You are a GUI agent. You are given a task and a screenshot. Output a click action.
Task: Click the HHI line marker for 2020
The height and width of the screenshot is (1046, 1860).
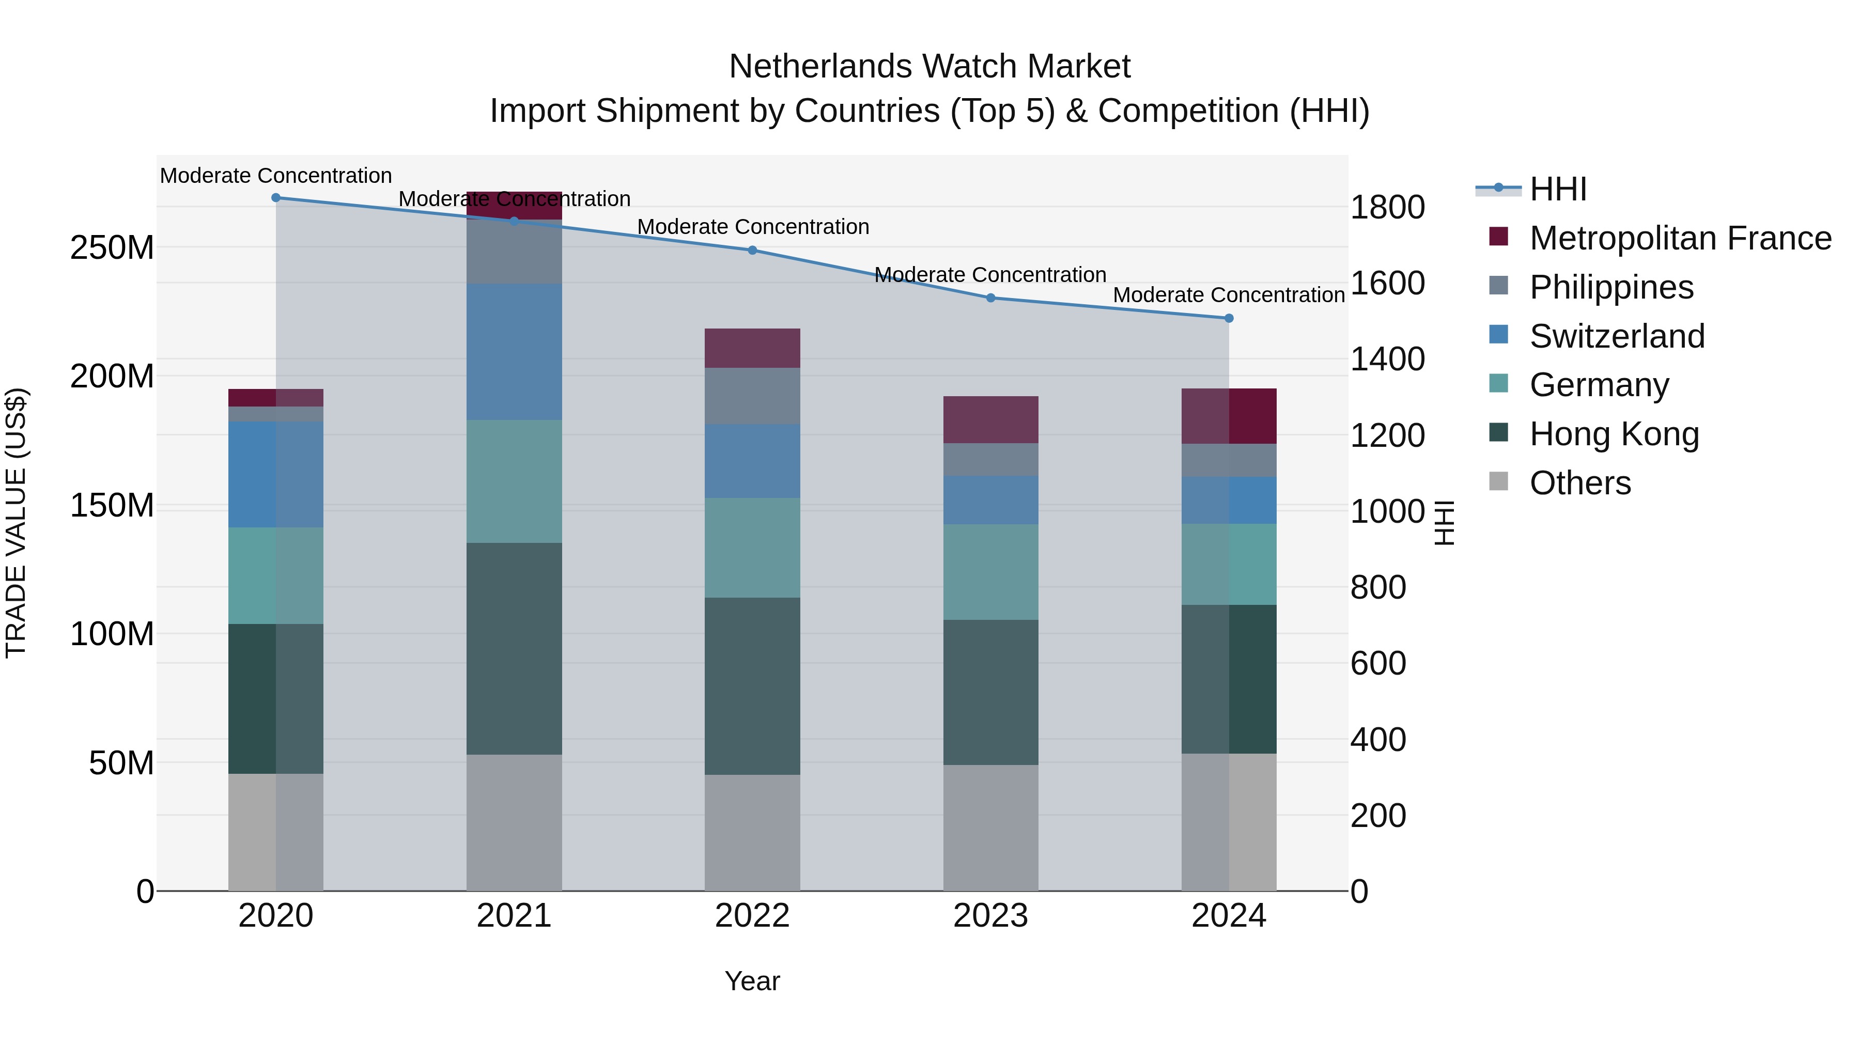click(276, 198)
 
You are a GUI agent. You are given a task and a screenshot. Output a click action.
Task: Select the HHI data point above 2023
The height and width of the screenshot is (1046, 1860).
click(990, 298)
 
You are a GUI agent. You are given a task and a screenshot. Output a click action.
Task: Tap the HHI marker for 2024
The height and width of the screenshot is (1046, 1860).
click(1229, 318)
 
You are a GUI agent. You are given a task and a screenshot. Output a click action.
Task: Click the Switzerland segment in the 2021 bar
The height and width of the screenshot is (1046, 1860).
click(514, 352)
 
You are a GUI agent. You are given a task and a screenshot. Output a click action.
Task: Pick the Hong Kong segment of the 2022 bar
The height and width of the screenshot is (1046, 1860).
click(752, 686)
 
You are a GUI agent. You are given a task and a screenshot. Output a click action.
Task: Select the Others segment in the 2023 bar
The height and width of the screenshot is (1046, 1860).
click(990, 828)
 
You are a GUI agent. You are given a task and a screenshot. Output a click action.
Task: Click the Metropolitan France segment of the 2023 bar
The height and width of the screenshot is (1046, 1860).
click(990, 419)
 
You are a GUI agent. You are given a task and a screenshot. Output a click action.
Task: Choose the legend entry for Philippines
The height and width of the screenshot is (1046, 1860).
click(1611, 287)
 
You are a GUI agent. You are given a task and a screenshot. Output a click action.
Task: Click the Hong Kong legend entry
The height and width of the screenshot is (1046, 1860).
click(1614, 434)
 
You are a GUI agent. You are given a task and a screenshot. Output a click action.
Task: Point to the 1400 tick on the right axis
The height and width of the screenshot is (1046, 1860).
click(1387, 359)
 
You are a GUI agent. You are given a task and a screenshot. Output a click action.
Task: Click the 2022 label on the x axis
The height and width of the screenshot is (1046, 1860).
click(752, 916)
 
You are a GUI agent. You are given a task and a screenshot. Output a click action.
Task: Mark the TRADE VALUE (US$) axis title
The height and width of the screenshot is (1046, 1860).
click(16, 523)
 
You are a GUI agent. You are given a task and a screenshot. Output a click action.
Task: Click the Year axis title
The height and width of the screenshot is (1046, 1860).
click(752, 981)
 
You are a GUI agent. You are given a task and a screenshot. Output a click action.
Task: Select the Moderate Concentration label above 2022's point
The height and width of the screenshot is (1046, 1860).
click(752, 227)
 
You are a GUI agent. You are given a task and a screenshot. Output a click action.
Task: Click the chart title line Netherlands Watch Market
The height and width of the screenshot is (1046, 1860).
click(929, 67)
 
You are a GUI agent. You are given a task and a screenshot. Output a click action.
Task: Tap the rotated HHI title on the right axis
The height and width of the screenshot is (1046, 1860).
click(1444, 523)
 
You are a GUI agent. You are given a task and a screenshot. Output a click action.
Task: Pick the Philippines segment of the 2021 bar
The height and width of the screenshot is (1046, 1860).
click(514, 251)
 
